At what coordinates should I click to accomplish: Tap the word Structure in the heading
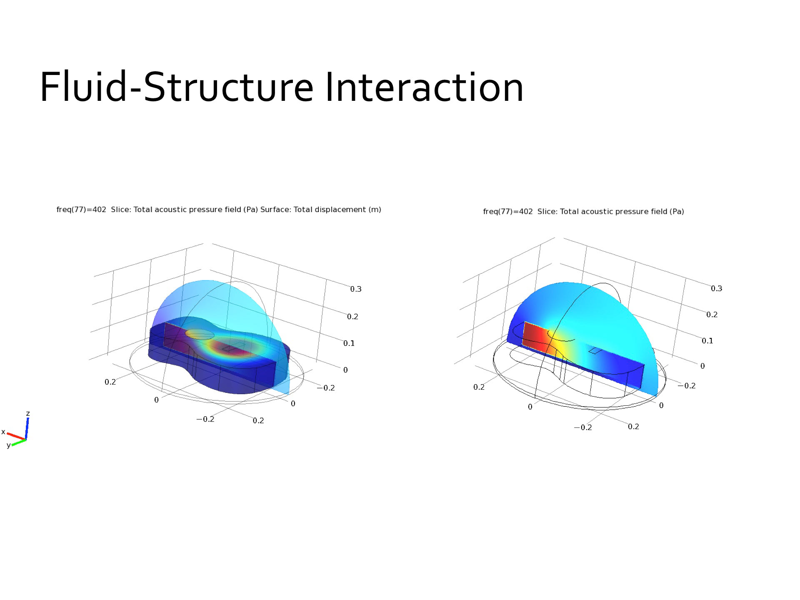(229, 87)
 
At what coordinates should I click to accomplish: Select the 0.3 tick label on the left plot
(356, 289)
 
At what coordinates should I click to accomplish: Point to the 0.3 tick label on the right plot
(716, 289)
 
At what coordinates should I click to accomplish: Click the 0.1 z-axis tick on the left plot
(349, 343)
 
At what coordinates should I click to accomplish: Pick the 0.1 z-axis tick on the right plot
(707, 341)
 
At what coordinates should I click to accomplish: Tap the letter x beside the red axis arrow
(3, 432)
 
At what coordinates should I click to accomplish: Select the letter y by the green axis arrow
(8, 445)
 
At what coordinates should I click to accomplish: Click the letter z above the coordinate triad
(28, 413)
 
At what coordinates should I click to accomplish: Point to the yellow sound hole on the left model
(200, 334)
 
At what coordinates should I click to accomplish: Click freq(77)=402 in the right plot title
(508, 212)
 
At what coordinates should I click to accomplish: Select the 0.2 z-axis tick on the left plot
(352, 317)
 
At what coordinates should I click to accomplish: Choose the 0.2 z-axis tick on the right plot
(712, 315)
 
